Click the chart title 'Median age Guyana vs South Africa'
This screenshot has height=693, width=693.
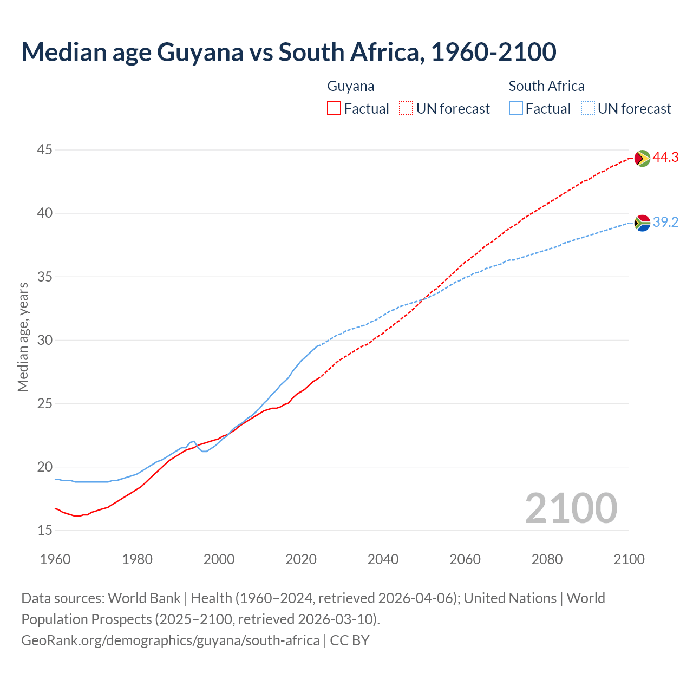(x=289, y=53)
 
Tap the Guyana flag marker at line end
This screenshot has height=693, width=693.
(x=642, y=158)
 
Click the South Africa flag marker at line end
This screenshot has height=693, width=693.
(x=642, y=223)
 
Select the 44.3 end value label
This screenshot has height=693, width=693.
(x=665, y=158)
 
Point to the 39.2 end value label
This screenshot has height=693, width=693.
(x=665, y=222)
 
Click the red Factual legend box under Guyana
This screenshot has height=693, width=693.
(x=334, y=109)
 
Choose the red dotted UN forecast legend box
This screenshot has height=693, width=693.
(x=406, y=109)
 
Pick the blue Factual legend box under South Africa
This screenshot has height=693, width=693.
(x=516, y=109)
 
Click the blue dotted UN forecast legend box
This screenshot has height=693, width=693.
(x=588, y=109)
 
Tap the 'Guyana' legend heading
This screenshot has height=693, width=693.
(x=351, y=86)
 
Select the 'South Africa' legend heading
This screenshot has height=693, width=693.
(x=546, y=86)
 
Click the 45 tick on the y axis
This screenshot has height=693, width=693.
(x=45, y=149)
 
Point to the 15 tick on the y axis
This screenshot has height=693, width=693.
(x=45, y=530)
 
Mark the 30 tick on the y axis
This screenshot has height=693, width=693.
(x=45, y=340)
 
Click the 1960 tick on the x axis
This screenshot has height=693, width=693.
(x=55, y=559)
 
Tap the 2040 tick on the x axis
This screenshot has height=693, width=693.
(x=383, y=559)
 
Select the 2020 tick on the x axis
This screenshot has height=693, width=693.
(x=301, y=559)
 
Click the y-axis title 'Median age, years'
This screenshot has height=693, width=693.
(x=23, y=337)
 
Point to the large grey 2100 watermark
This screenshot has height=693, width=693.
(x=571, y=508)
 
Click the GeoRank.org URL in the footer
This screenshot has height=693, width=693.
(x=171, y=640)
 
